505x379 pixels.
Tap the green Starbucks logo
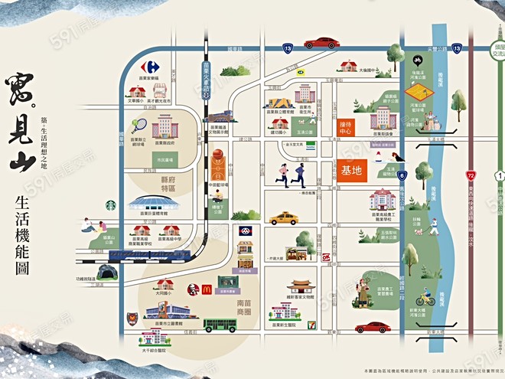tap(111, 205)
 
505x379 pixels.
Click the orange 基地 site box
tap(350, 171)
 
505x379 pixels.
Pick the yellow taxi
tap(284, 219)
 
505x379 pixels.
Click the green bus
tap(220, 325)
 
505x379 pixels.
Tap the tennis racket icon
tap(139, 126)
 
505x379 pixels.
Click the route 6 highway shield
tap(401, 175)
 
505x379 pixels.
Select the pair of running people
tap(292, 175)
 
